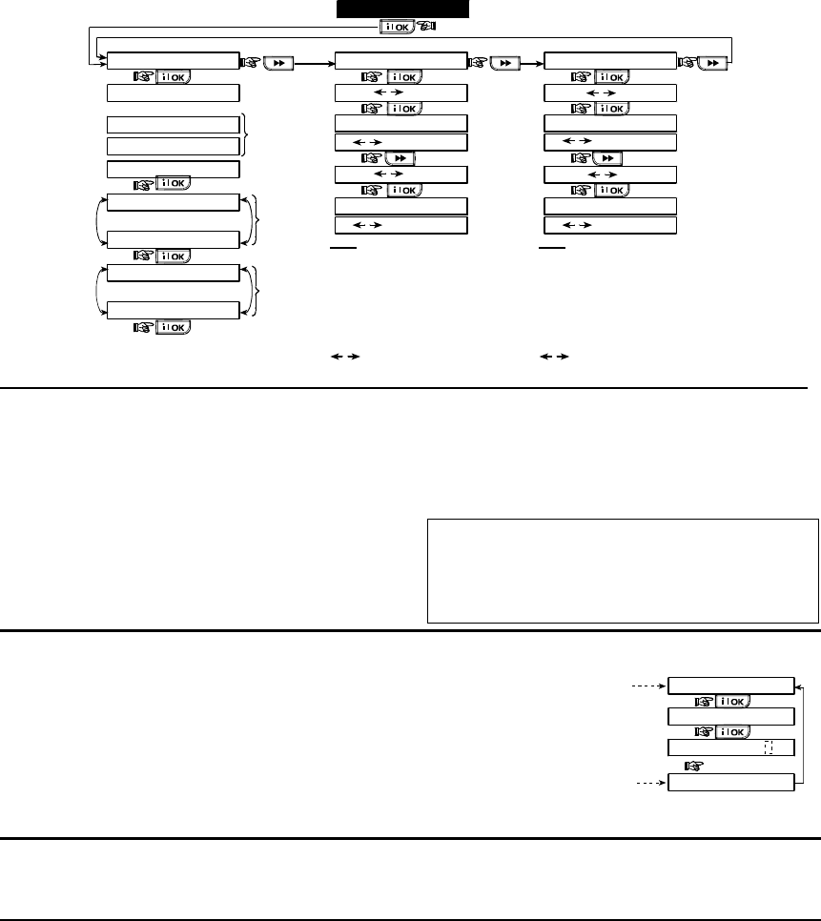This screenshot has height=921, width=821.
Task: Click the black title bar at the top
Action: tap(403, 9)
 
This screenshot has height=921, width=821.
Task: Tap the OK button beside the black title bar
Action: tap(397, 28)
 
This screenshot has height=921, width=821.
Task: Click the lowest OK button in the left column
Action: tap(173, 327)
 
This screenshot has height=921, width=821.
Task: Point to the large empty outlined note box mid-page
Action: tap(623, 570)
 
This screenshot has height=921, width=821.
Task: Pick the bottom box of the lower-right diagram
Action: tap(730, 783)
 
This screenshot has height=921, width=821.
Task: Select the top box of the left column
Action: tap(173, 62)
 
